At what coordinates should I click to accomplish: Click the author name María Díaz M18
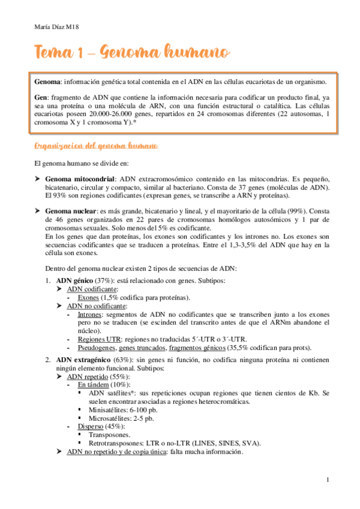55,26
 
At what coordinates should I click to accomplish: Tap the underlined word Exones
89,297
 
